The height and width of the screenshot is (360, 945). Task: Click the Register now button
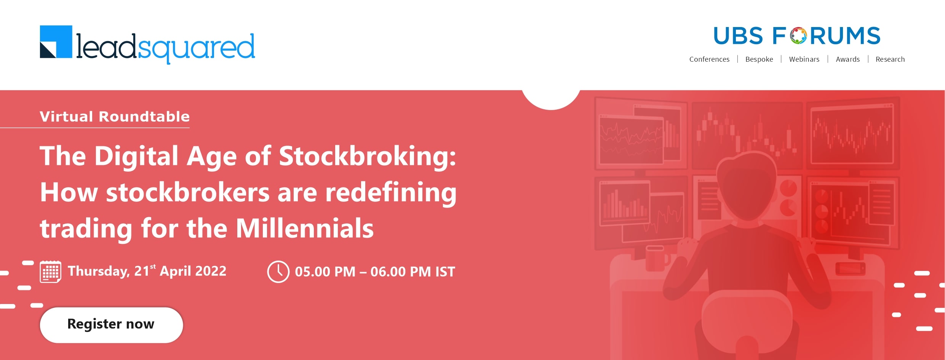point(111,325)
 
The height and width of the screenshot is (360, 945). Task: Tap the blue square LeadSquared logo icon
point(56,42)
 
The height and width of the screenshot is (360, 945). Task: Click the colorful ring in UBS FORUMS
point(798,36)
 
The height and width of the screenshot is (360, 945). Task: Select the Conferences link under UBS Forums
point(709,59)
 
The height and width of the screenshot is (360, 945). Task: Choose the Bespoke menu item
point(759,59)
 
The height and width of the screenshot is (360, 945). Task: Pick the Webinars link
point(804,59)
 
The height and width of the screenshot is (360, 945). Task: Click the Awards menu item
point(847,59)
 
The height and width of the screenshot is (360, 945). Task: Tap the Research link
point(890,59)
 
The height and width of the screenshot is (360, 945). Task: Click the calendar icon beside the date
point(51,272)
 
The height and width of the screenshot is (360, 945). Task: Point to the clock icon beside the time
point(278,272)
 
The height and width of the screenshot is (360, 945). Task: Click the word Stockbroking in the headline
point(368,157)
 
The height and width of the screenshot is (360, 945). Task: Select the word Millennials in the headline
point(305,229)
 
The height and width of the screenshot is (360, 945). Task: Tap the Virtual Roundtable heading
point(115,117)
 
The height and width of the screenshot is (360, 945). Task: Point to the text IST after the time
point(445,272)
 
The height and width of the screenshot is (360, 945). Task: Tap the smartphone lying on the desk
point(850,269)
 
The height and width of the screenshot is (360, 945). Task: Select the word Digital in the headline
point(136,157)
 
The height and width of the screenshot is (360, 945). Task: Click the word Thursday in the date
point(99,272)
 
